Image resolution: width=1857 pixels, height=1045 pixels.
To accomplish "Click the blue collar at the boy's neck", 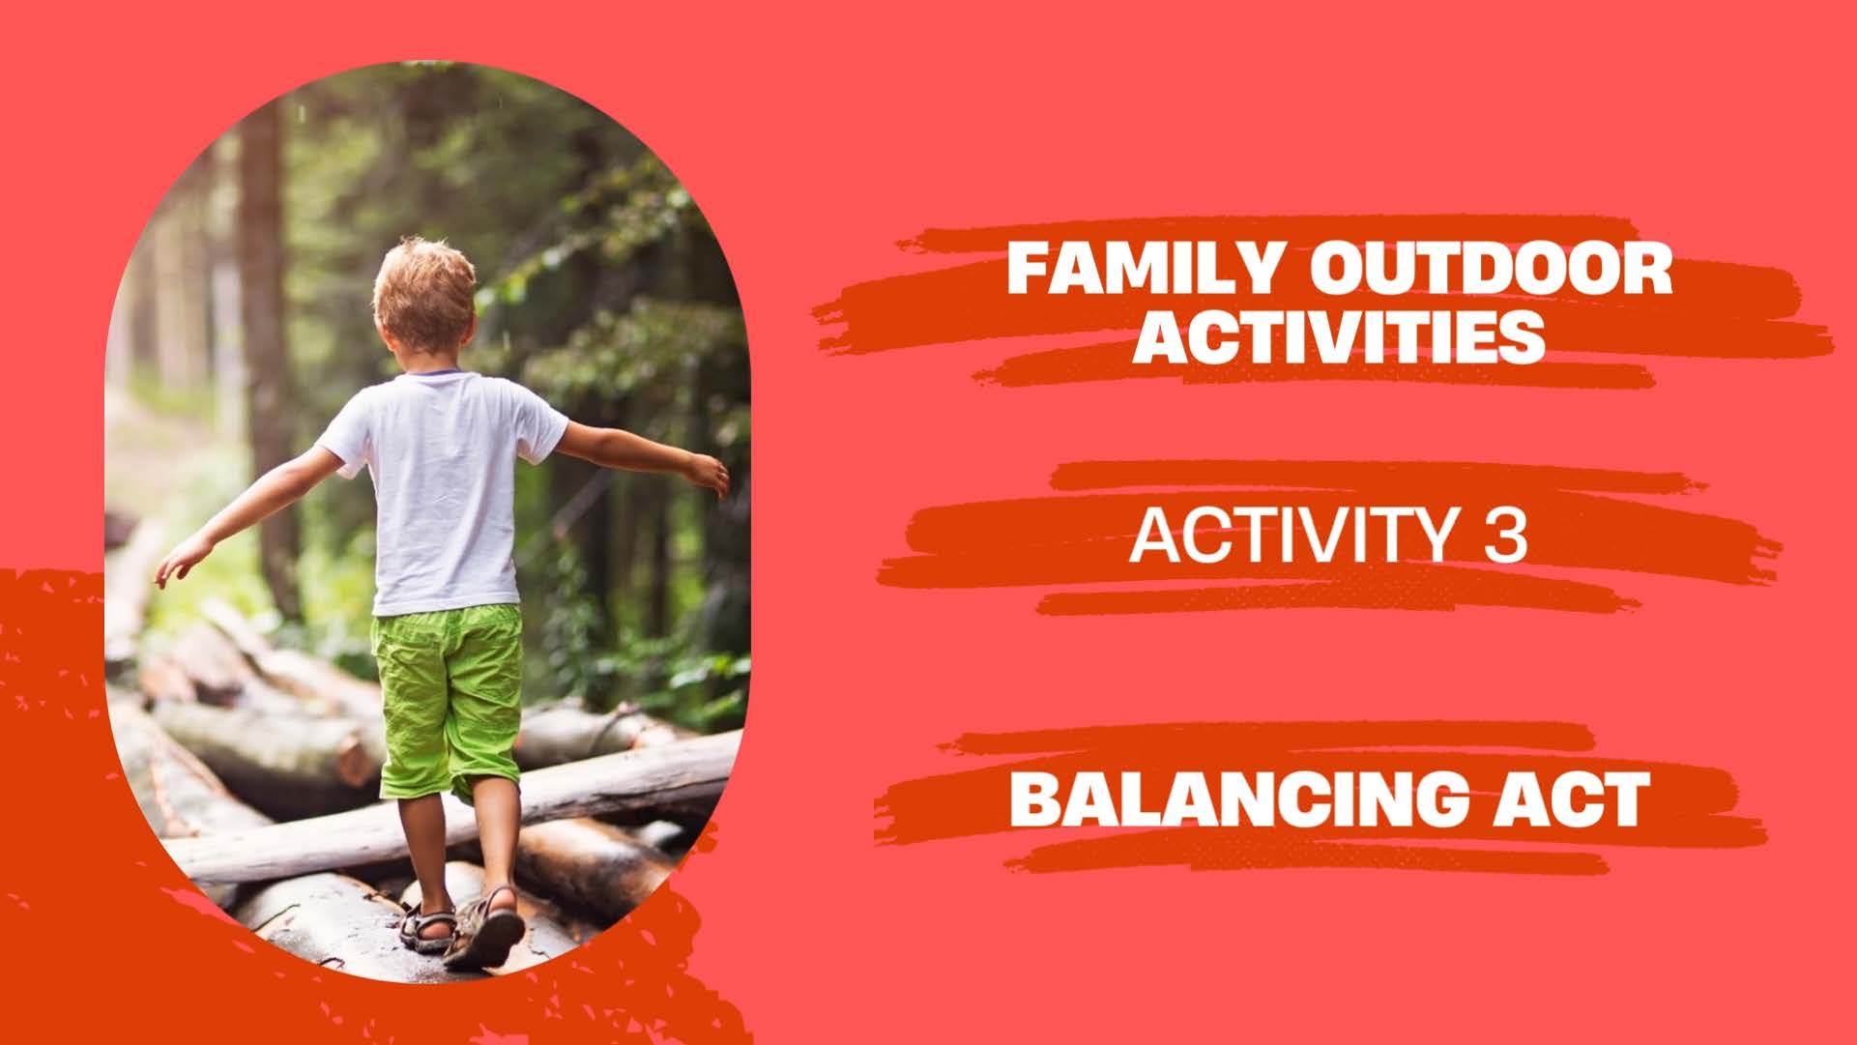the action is point(435,371).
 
